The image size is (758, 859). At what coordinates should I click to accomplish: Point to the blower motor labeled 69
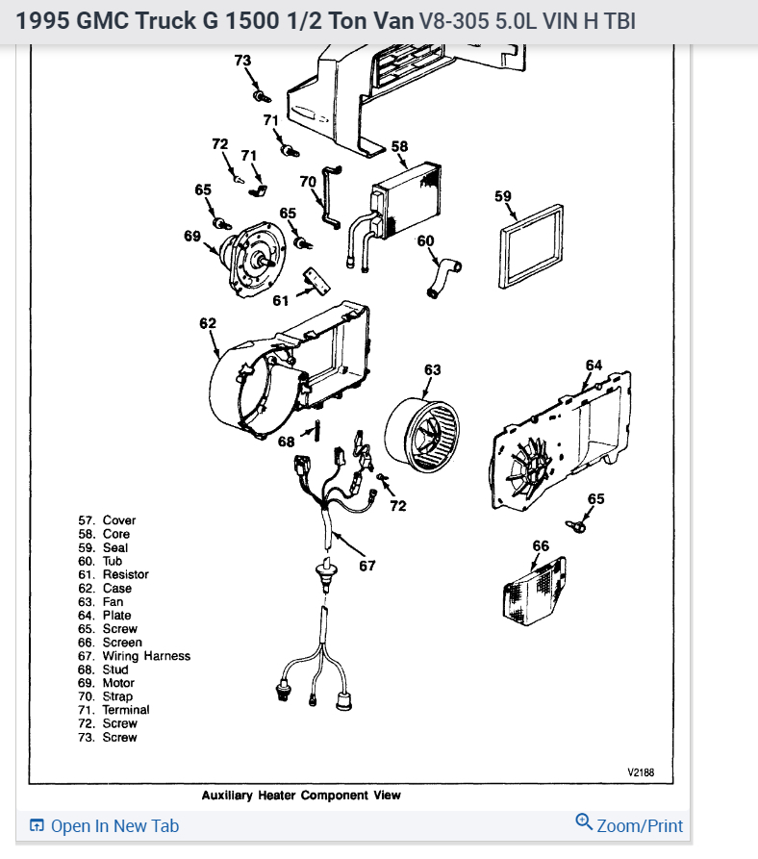[x=248, y=258]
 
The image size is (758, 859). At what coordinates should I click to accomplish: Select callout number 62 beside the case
[x=208, y=323]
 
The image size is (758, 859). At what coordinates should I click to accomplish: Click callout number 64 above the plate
[x=594, y=365]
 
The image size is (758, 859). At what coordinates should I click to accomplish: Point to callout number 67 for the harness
[x=367, y=566]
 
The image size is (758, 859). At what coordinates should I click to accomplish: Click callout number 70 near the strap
[x=308, y=181]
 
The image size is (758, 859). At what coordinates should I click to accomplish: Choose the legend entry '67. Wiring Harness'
[x=135, y=656]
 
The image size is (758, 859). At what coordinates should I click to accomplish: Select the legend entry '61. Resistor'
[x=114, y=574]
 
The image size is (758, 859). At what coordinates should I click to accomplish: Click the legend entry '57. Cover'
[x=107, y=520]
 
